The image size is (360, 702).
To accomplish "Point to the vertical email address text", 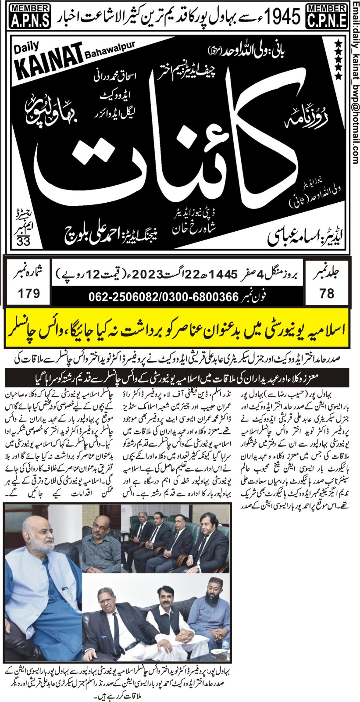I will (355, 81).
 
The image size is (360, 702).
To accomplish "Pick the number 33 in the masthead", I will (22, 241).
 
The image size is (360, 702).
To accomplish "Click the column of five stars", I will (338, 59).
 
